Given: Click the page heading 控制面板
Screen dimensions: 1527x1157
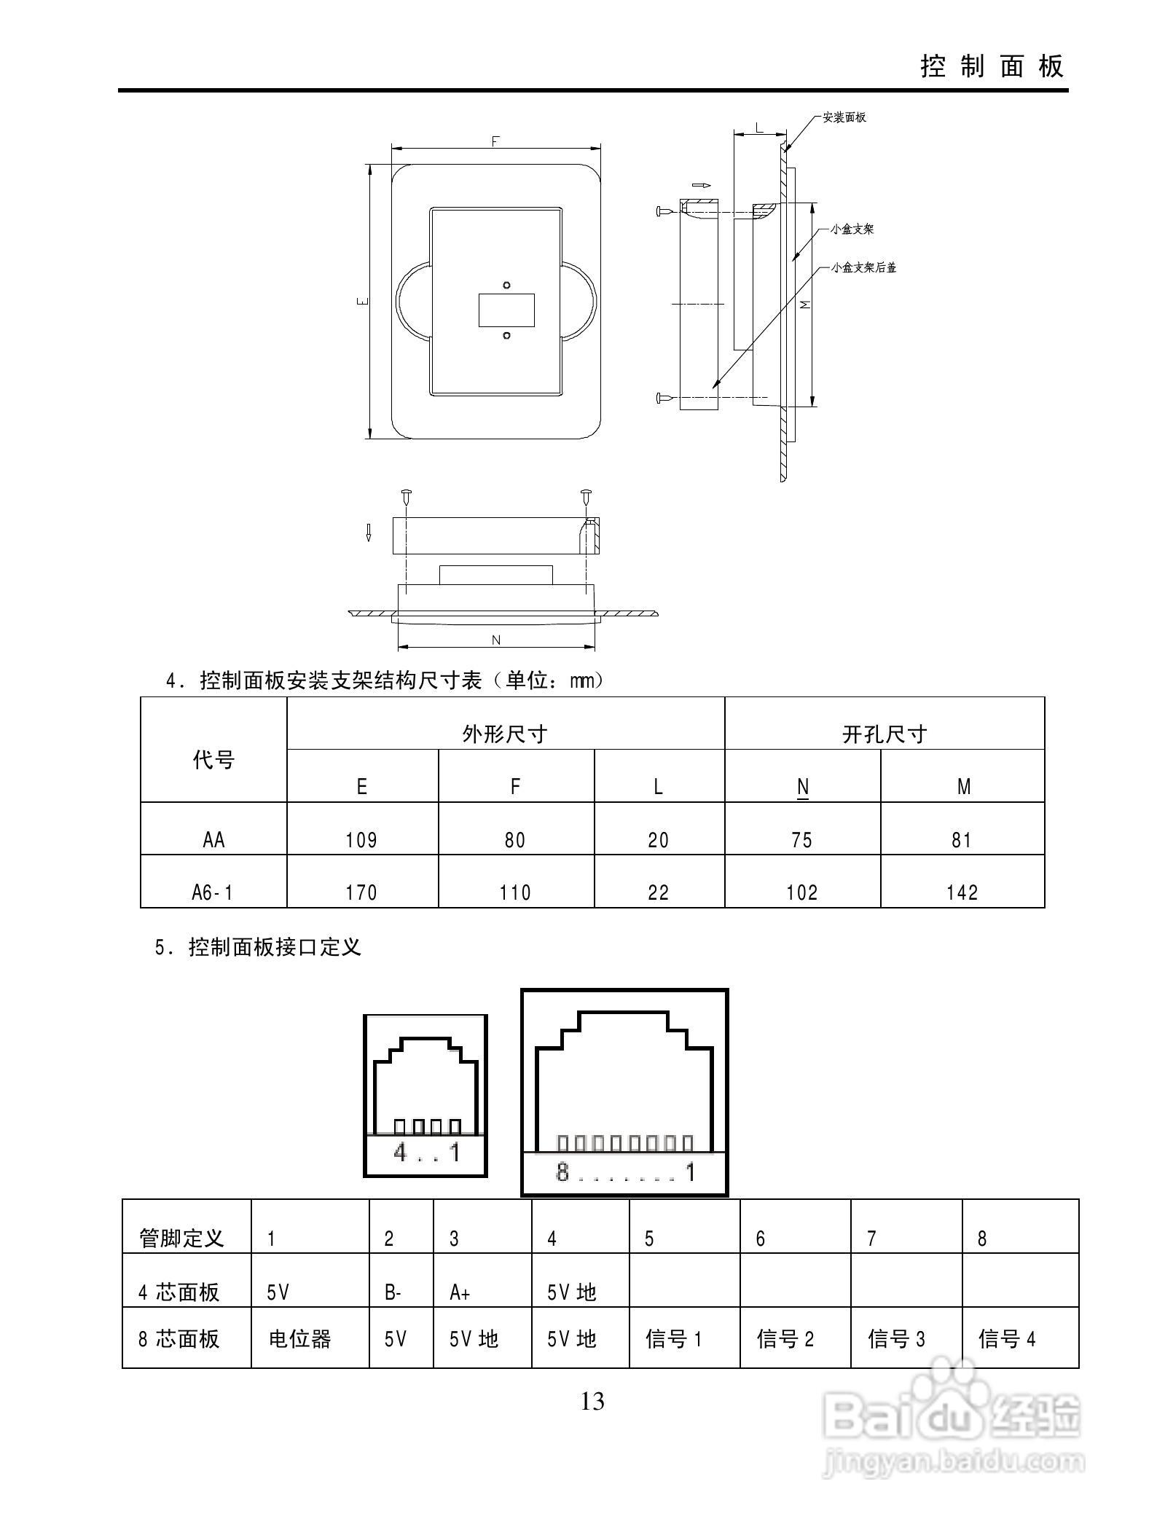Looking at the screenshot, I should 992,66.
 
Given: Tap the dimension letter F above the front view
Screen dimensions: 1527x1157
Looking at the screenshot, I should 495,141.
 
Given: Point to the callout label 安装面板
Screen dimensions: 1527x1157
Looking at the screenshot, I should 844,117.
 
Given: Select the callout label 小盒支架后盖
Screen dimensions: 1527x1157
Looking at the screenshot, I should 864,267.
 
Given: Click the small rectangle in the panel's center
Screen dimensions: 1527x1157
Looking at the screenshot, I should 506,310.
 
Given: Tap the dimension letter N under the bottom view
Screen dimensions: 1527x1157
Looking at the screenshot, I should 496,640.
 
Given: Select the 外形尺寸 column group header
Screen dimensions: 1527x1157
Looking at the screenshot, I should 505,734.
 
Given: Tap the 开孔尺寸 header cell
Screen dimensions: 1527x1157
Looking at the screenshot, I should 884,734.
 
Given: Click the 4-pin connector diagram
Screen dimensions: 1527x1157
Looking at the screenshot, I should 425,1096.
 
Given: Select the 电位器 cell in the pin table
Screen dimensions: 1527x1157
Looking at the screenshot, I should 300,1338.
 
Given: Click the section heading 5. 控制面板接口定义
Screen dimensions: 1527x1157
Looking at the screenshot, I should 258,947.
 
